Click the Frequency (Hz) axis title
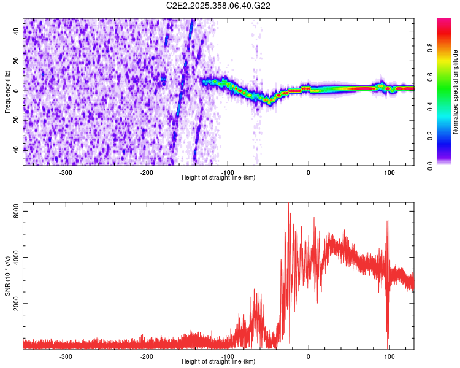(x=8, y=92)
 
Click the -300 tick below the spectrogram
(x=66, y=172)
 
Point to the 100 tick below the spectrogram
(x=389, y=172)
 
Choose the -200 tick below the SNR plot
(x=147, y=356)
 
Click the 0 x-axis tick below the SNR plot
(x=309, y=356)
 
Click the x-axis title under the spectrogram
(x=218, y=178)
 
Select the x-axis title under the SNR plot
(x=218, y=361)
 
